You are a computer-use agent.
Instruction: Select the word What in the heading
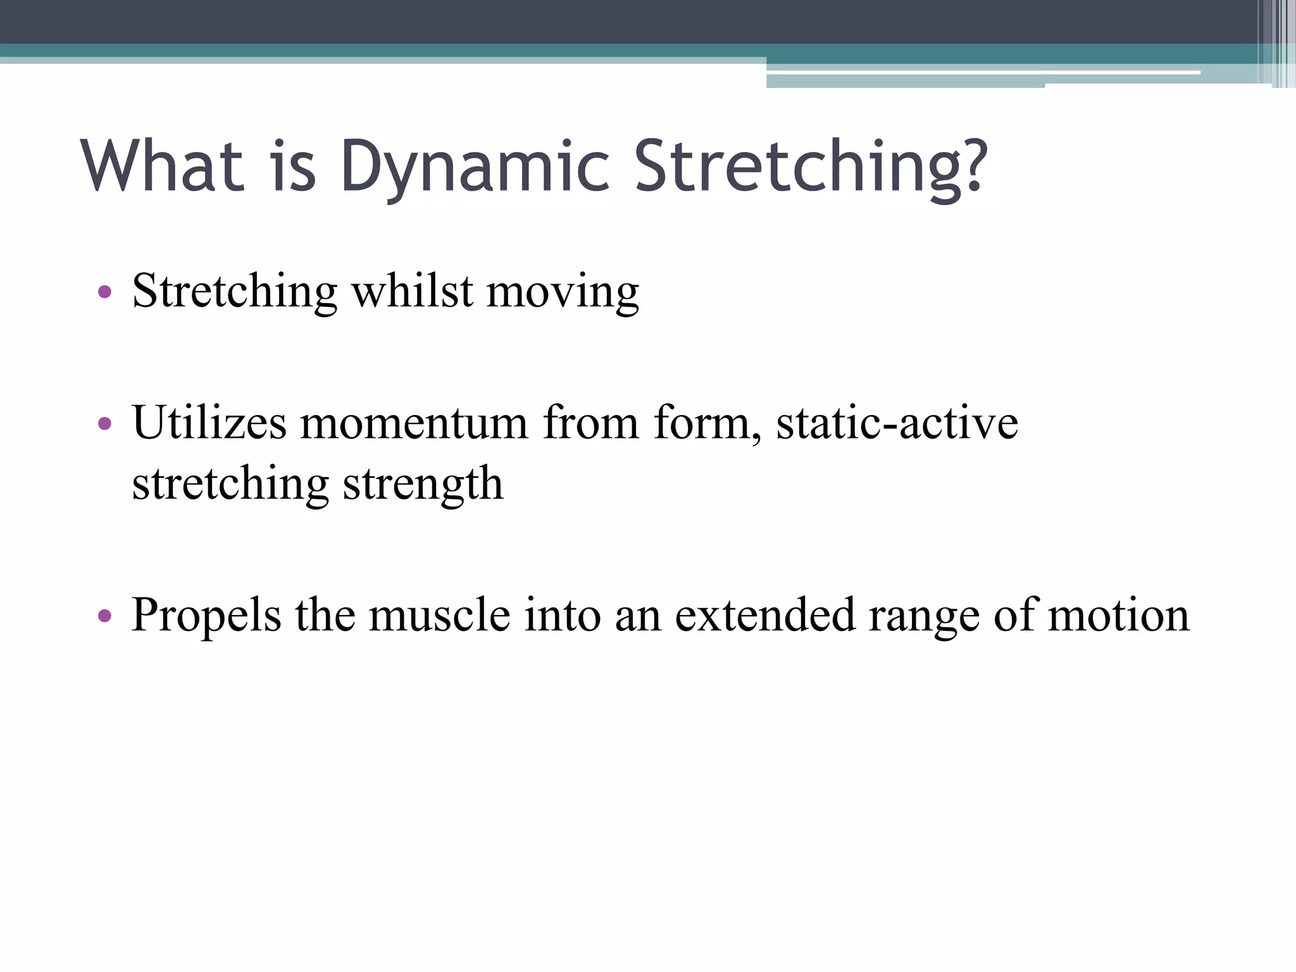(163, 166)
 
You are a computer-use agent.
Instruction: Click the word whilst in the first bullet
(412, 292)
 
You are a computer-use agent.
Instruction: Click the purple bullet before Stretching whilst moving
(105, 292)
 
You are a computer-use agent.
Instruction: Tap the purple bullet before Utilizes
(105, 423)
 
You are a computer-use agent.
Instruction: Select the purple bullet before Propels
(105, 615)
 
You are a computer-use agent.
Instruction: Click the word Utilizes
(209, 422)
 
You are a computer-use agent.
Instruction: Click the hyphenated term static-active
(897, 422)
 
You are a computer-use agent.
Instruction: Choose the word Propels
(206, 615)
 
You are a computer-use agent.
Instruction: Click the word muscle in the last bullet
(439, 615)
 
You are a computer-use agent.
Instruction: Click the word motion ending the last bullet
(1119, 615)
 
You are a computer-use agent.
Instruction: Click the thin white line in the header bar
(981, 73)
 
